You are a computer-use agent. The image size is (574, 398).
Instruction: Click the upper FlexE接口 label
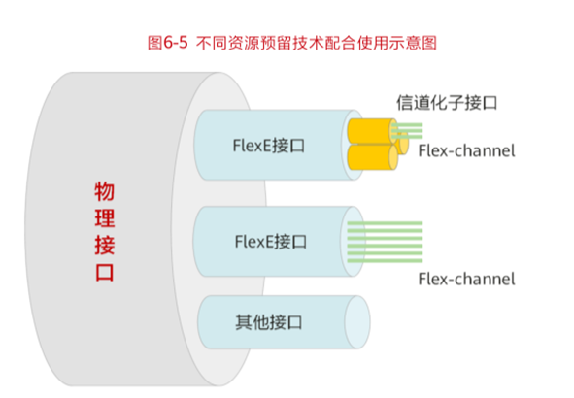(270, 147)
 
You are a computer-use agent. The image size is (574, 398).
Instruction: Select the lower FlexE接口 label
(270, 240)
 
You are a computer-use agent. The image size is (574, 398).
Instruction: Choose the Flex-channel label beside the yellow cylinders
(465, 150)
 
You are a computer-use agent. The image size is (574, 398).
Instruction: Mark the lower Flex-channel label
(465, 279)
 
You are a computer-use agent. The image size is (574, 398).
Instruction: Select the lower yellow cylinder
(370, 157)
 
